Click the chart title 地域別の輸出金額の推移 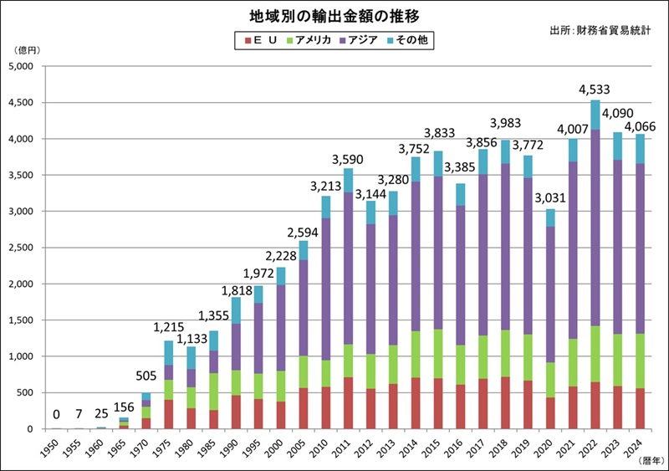(334, 16)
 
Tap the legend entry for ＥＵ (261, 40)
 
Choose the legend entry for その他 (410, 40)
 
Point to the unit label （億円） (26, 51)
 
